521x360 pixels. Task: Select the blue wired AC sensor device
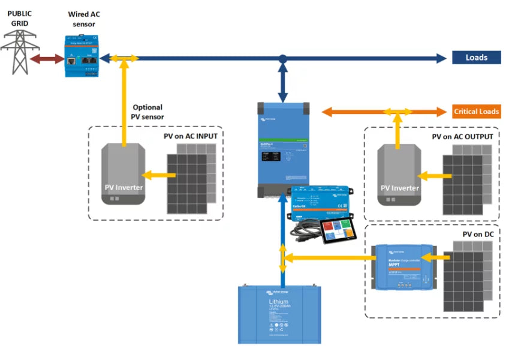click(x=82, y=56)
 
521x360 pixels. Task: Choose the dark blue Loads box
click(x=476, y=58)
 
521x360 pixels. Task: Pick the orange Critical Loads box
click(x=476, y=112)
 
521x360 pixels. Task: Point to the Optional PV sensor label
click(x=147, y=112)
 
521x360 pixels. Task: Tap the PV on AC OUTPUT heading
click(x=462, y=137)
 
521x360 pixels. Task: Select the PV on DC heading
click(x=478, y=234)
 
